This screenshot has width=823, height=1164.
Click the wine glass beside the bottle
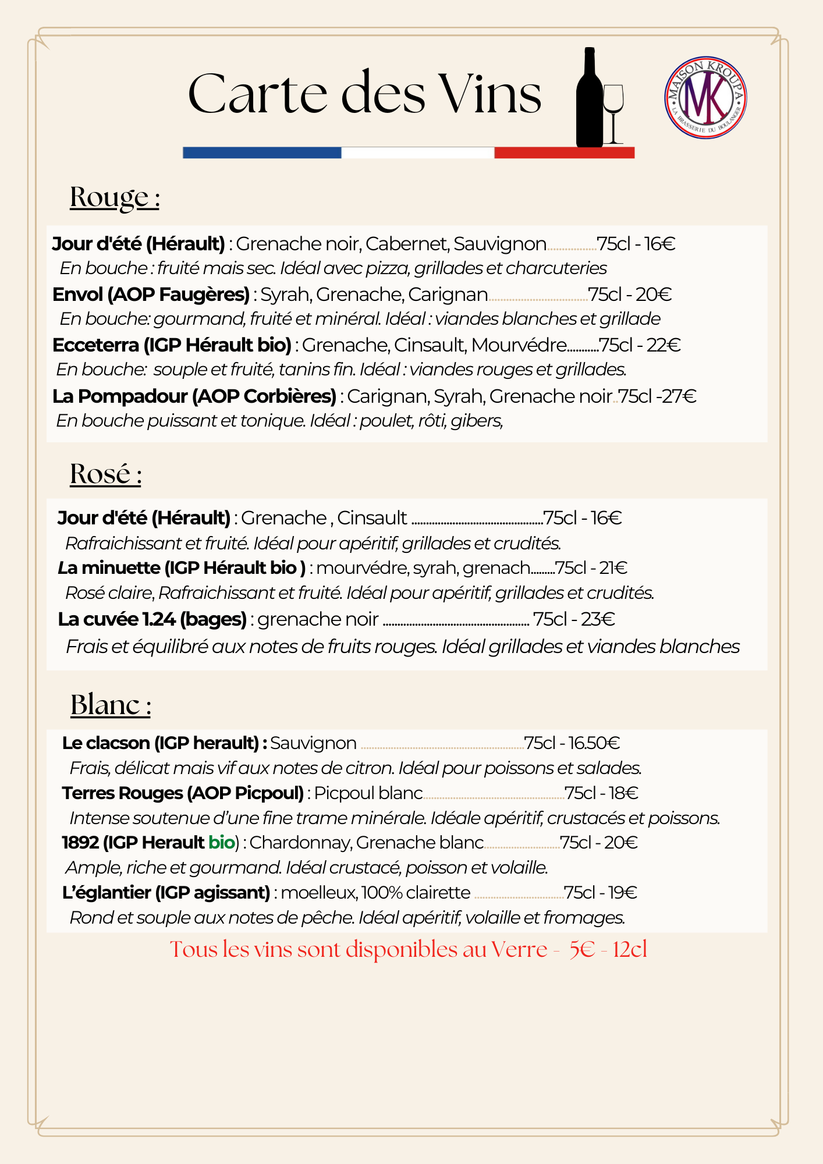[613, 111]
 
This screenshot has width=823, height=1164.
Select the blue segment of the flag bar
[261, 152]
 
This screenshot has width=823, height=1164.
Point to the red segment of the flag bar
[564, 152]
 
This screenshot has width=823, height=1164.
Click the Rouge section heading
[115, 197]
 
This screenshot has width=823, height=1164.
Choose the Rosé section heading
[105, 474]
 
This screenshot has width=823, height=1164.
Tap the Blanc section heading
[111, 705]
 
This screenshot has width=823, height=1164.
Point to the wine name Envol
[77, 294]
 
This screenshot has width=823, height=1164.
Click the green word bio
[221, 842]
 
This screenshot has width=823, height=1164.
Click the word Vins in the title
[490, 94]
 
